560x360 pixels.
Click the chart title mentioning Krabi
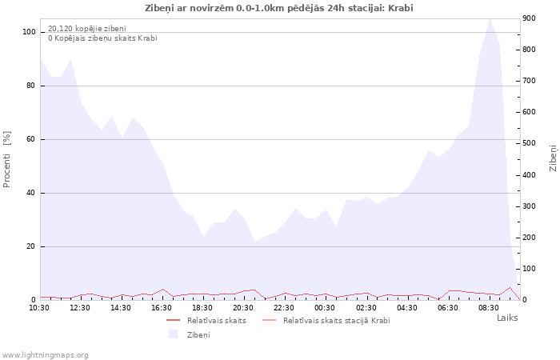279,8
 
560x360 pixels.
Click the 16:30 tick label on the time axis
162,308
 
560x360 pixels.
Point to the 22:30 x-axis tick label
283,308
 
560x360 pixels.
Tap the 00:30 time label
325,308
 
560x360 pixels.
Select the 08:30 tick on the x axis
489,308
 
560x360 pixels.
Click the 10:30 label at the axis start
39,308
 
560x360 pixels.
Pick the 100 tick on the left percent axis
29,32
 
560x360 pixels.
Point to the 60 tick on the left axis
31,139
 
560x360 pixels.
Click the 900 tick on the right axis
529,18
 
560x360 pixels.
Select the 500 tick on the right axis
529,143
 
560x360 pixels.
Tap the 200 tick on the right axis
529,238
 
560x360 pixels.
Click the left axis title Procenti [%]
6,159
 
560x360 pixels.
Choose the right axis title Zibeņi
553,158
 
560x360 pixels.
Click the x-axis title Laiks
507,318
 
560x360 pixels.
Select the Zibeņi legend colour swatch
174,334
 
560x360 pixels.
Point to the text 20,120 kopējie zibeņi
87,29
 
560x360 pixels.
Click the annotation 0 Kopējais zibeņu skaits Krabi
103,38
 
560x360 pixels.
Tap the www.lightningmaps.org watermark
45,355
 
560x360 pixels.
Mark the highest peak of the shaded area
490,19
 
